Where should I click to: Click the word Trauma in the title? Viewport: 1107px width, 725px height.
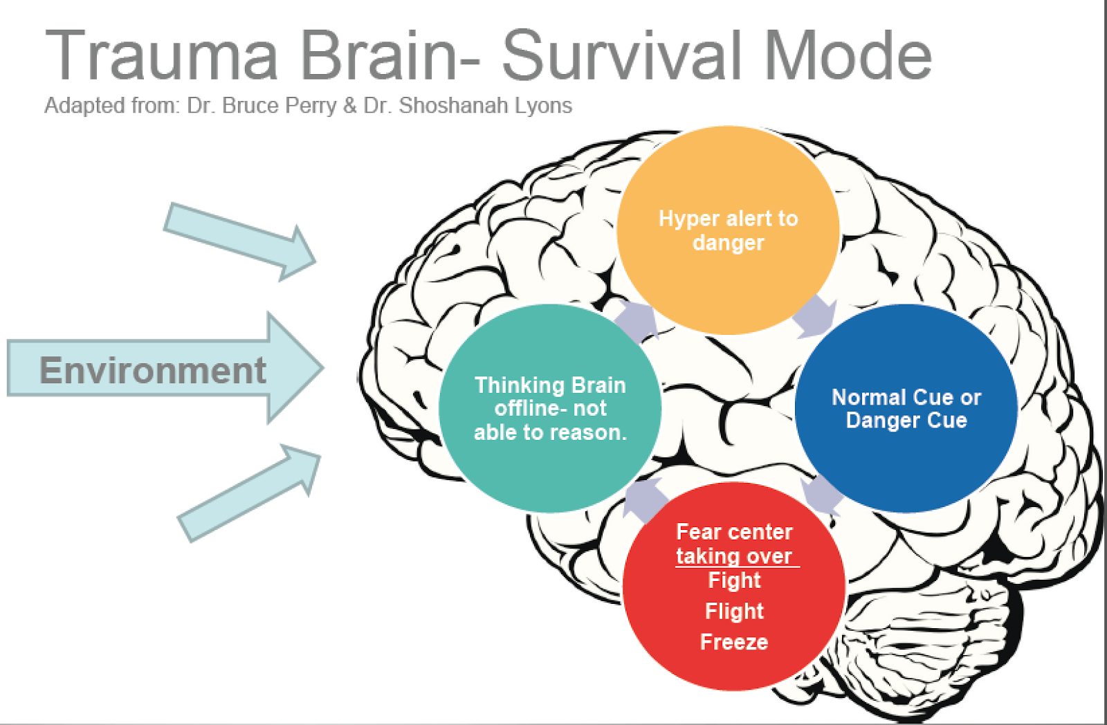click(x=161, y=55)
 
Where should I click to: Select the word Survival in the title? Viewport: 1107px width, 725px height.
click(x=622, y=55)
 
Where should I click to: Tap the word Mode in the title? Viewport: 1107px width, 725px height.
click(x=848, y=55)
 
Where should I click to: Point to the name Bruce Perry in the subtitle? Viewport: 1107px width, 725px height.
click(x=280, y=106)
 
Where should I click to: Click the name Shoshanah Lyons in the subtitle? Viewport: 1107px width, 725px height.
click(x=485, y=106)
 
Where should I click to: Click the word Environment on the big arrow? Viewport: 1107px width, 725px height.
click(x=153, y=370)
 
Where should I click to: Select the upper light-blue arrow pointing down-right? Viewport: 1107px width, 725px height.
click(x=239, y=241)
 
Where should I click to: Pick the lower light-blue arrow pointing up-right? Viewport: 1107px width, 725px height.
click(x=249, y=493)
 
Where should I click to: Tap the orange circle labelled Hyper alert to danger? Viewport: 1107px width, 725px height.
click(x=728, y=230)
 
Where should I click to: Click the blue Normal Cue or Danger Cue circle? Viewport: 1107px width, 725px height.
click(x=906, y=408)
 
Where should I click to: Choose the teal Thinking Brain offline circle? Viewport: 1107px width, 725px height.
click(x=550, y=408)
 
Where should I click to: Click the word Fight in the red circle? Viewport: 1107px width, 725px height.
click(x=734, y=580)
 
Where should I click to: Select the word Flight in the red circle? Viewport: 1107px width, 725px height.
click(x=734, y=611)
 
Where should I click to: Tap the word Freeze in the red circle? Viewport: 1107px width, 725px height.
click(x=734, y=642)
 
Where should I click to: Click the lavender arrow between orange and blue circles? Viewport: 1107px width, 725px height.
click(x=814, y=316)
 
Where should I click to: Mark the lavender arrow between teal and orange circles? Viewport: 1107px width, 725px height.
click(x=636, y=320)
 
